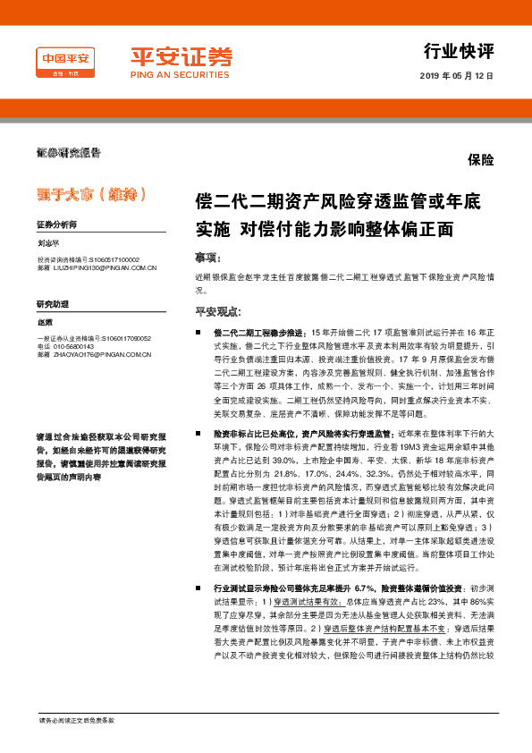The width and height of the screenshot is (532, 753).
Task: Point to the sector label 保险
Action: pyautogui.click(x=481, y=159)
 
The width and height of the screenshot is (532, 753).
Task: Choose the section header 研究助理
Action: pyautogui.click(x=52, y=304)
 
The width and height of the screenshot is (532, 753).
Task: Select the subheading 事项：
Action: pyautogui.click(x=207, y=258)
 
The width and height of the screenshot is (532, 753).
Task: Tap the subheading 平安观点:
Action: pyautogui.click(x=218, y=312)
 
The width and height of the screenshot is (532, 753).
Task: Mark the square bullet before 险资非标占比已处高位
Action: pyautogui.click(x=198, y=433)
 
